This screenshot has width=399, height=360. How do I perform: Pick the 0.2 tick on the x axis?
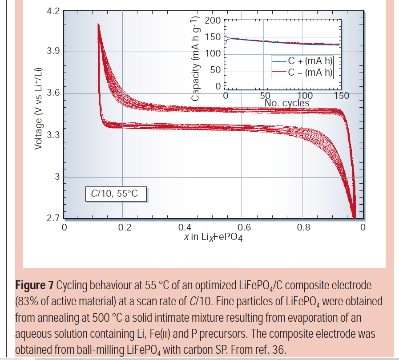(x=125, y=228)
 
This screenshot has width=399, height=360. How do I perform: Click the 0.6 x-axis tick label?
(x=244, y=228)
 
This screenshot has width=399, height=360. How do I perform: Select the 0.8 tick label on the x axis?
(x=304, y=228)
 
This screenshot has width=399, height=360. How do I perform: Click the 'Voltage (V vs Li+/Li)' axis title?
(x=40, y=109)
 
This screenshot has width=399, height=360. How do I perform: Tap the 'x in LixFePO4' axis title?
(x=213, y=237)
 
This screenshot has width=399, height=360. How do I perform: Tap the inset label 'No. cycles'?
(x=287, y=103)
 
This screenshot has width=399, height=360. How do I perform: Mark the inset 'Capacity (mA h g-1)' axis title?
(x=195, y=58)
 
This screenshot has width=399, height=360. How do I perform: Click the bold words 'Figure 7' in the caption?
(x=34, y=285)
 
